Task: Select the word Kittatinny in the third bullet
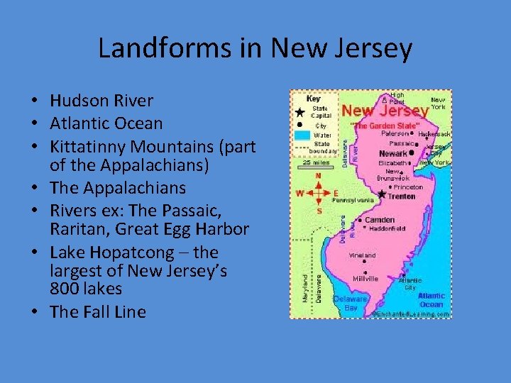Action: tap(87, 145)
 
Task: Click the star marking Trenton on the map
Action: tap(383, 194)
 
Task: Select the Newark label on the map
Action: tap(393, 153)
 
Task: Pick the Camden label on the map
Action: tap(379, 220)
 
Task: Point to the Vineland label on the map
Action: tap(362, 255)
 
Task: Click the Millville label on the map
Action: tap(366, 279)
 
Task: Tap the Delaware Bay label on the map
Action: tap(351, 303)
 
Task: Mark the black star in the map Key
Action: tap(300, 112)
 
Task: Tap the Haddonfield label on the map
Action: tap(387, 229)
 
